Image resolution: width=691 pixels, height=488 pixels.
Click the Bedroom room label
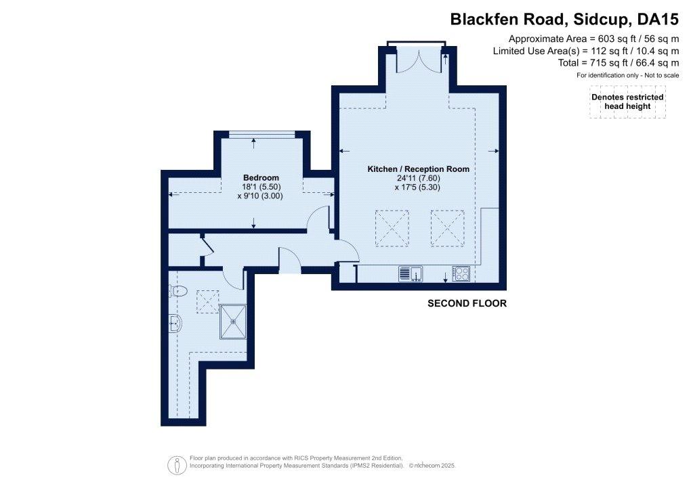tap(261, 177)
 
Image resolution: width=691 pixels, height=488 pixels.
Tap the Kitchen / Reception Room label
tap(418, 169)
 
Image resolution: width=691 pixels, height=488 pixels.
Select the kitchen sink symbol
tap(411, 273)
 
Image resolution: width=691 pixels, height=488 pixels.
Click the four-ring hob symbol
tap(461, 273)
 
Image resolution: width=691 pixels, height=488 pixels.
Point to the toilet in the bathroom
tap(178, 290)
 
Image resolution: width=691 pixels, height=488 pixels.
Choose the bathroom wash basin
tap(175, 324)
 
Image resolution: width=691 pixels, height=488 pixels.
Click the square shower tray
tap(233, 321)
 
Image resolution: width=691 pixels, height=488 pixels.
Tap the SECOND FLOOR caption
tap(467, 303)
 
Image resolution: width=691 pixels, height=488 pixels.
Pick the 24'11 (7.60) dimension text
tap(418, 178)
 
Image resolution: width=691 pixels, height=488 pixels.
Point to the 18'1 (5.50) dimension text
tap(261, 187)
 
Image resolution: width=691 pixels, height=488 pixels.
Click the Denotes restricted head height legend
tap(627, 102)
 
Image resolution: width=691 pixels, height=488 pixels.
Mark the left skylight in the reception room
tap(392, 228)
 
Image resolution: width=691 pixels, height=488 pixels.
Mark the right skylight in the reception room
tap(447, 228)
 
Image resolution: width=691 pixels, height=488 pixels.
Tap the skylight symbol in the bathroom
tap(207, 302)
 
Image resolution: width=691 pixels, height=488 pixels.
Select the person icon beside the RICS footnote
tap(177, 465)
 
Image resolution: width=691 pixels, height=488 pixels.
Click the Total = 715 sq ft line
tap(619, 62)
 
